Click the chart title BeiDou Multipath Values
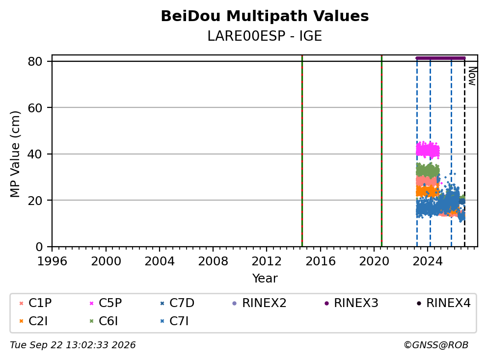(x=265, y=16)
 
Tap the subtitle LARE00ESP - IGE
(x=265, y=36)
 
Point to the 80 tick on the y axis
(x=35, y=61)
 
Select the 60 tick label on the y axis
(x=35, y=108)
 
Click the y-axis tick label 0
(x=39, y=247)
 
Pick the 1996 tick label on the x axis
(x=52, y=261)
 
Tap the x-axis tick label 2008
(x=213, y=261)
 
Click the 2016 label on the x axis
(x=321, y=261)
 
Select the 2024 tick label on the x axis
(x=428, y=261)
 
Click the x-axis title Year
(x=265, y=279)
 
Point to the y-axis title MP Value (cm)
(x=15, y=154)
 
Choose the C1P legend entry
(x=35, y=303)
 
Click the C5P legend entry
(x=106, y=303)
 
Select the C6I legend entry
(x=104, y=321)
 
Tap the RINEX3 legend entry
(x=352, y=303)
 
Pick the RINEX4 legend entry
(x=443, y=303)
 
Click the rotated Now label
(x=472, y=76)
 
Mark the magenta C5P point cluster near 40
(x=428, y=150)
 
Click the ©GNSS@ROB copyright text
(x=436, y=345)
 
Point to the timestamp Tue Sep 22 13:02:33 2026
(x=73, y=345)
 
